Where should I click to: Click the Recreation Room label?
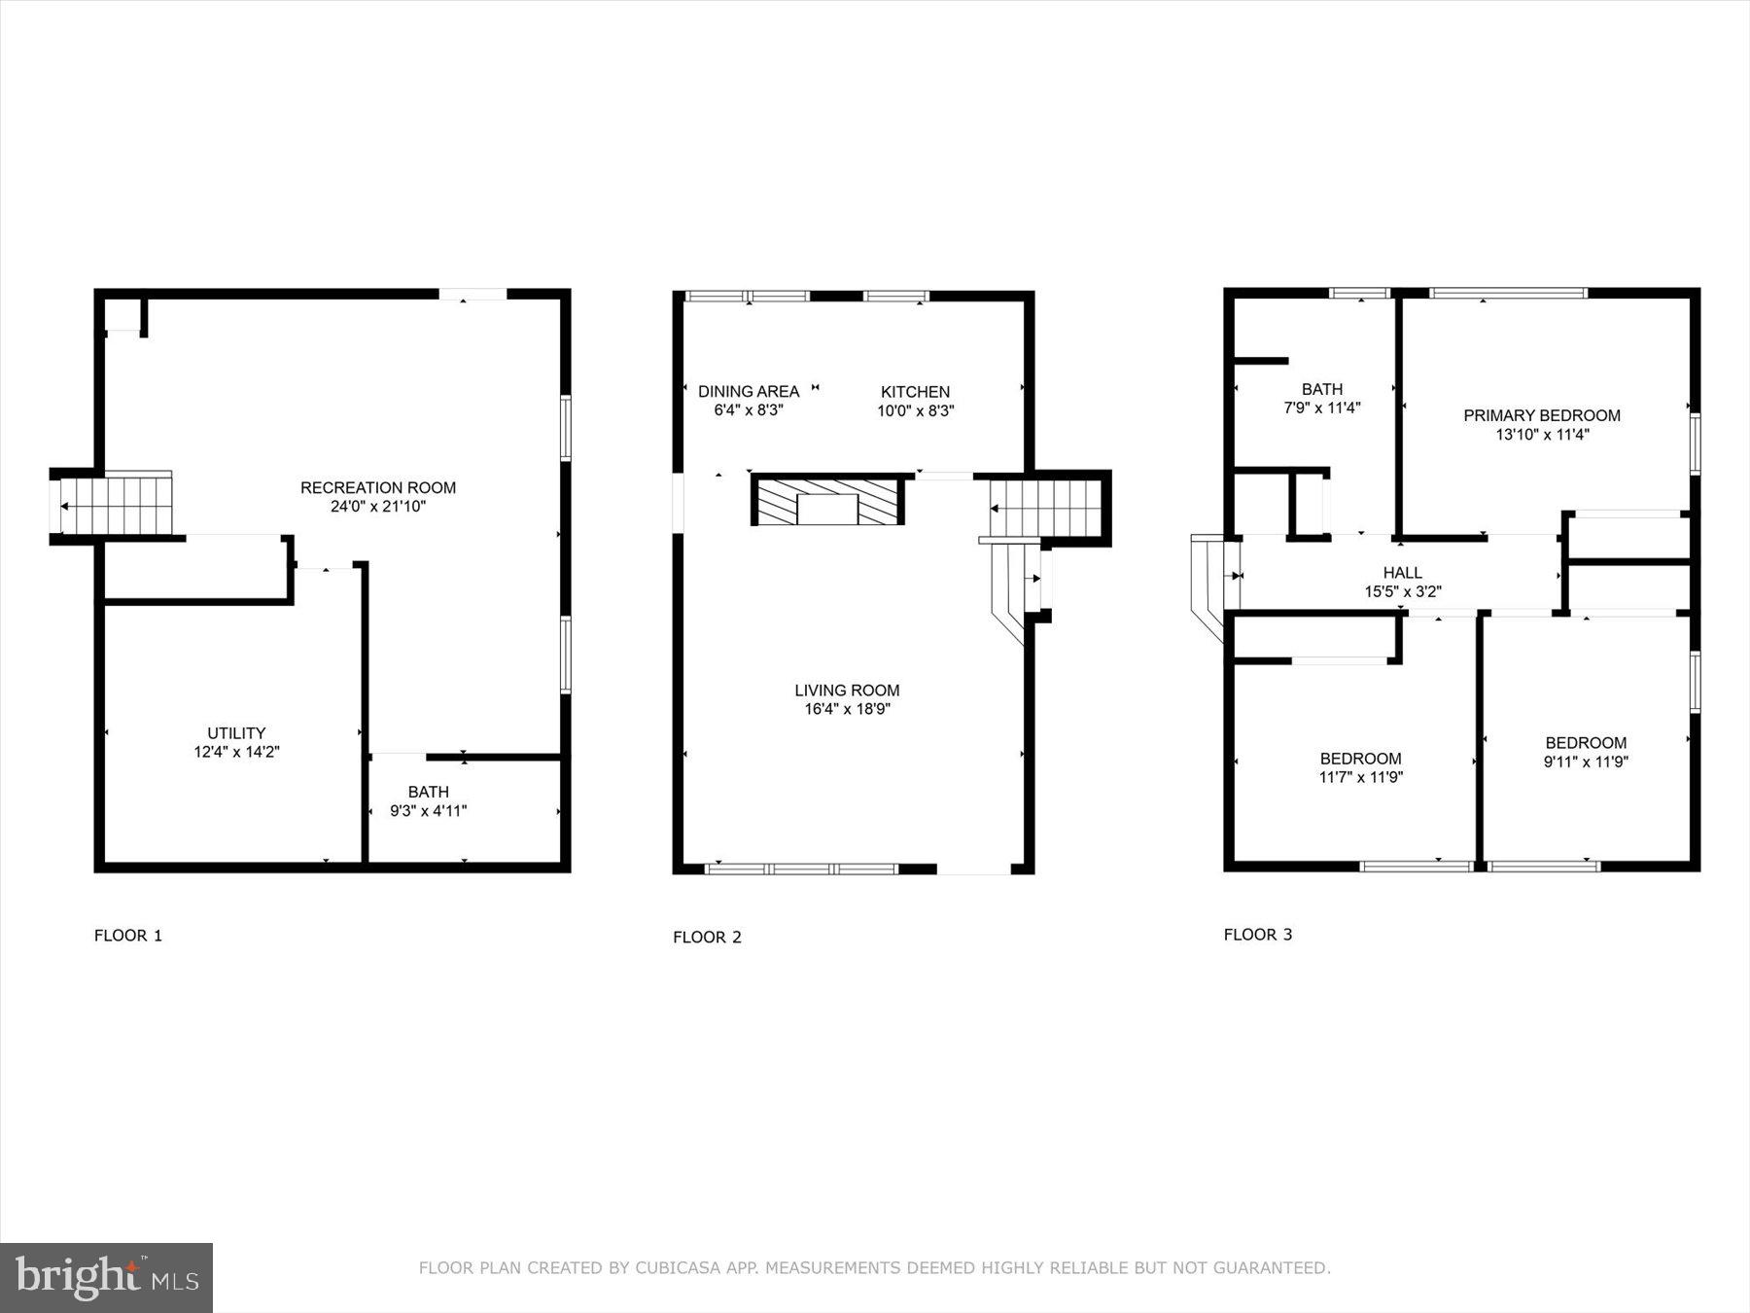pos(377,487)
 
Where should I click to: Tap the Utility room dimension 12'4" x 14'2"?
pos(236,752)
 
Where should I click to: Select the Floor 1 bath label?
pos(428,792)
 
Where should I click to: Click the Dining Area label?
pos(749,391)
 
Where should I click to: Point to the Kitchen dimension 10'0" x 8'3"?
pos(915,410)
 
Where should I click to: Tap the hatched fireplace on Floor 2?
pos(827,501)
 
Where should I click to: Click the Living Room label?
pos(847,691)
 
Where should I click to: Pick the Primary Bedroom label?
pos(1541,415)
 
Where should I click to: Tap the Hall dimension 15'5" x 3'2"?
pos(1402,591)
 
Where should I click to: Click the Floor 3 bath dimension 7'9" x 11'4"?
pos(1321,408)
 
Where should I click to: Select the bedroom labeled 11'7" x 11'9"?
pos(1360,767)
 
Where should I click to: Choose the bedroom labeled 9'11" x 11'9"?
pos(1585,752)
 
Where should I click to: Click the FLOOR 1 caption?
pos(127,936)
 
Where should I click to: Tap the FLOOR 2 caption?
pos(707,938)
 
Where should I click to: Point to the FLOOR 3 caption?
pos(1257,935)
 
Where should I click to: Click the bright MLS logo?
pos(106,1277)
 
